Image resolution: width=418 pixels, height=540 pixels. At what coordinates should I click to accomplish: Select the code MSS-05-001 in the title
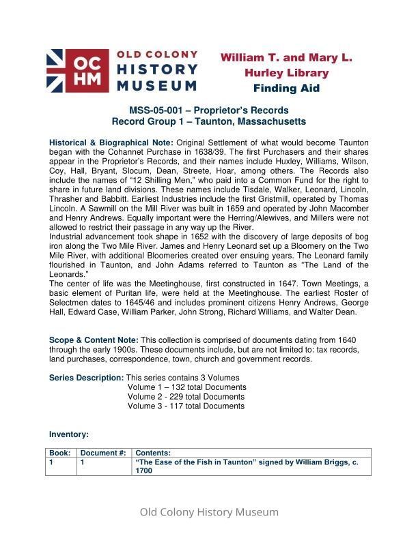coord(158,110)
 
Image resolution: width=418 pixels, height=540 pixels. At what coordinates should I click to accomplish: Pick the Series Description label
coord(87,378)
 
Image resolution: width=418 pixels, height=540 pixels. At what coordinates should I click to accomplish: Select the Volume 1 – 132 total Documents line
coord(186,387)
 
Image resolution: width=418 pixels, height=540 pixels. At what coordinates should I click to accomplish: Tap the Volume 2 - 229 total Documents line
coord(186,397)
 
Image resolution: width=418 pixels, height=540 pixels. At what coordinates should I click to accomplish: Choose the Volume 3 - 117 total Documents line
coord(186,406)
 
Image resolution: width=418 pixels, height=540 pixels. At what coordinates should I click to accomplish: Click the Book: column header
coord(59,453)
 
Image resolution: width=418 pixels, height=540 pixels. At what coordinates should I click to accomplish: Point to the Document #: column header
coord(103,453)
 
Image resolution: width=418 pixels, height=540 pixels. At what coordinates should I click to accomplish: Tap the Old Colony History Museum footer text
coord(209,512)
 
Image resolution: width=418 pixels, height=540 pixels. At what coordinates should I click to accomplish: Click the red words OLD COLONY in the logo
coord(158,55)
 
